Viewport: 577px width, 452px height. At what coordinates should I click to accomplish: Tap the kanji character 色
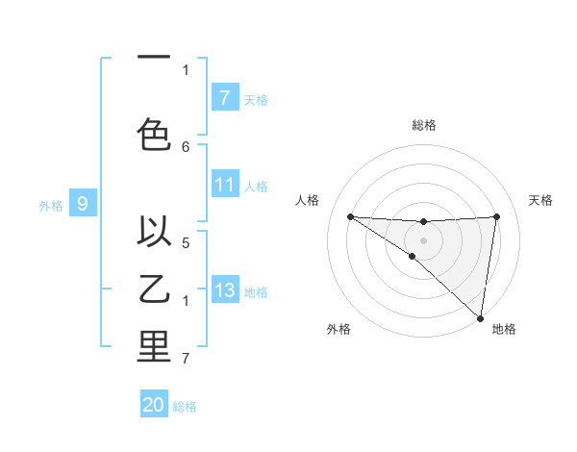point(154,133)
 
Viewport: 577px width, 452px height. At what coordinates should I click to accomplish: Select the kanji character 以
point(154,231)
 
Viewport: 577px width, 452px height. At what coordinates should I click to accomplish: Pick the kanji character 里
point(154,347)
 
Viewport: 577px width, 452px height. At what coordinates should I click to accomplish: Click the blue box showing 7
point(224,97)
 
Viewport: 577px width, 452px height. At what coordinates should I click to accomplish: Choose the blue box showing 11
point(224,185)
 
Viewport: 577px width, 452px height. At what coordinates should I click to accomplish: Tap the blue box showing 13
point(224,290)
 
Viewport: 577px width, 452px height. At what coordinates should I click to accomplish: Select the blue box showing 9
point(83,204)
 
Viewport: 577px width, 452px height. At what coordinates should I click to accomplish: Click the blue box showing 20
point(154,405)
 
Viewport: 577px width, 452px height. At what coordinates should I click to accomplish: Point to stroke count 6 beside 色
point(186,146)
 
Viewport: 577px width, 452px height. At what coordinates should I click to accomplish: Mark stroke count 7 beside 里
point(186,360)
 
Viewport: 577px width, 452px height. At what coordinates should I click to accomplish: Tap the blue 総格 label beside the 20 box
point(185,407)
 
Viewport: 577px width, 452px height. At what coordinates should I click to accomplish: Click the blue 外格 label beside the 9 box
point(50,205)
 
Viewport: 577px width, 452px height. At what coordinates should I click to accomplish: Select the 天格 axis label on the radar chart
point(540,200)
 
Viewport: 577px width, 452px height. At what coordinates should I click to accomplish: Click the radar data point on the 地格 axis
point(481,318)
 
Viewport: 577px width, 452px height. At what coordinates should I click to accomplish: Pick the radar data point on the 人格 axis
point(350,216)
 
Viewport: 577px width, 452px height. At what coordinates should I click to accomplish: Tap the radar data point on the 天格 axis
point(496,216)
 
